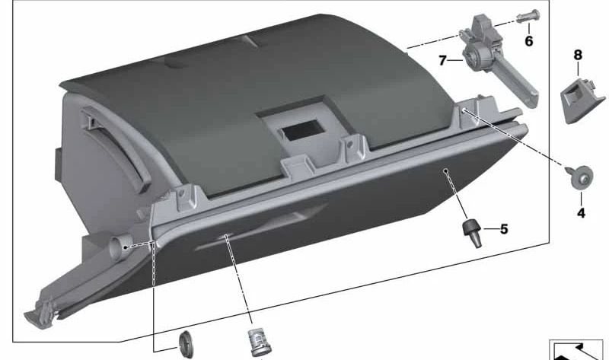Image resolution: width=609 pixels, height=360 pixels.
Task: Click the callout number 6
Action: [x=528, y=40]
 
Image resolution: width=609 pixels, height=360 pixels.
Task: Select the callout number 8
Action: [x=577, y=55]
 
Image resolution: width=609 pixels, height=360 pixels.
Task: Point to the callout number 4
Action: [x=581, y=213]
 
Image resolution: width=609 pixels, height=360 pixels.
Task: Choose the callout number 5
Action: [x=504, y=228]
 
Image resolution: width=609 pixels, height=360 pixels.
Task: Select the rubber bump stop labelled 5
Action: [x=472, y=231]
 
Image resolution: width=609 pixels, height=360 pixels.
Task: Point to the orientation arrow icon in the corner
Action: [x=579, y=349]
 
